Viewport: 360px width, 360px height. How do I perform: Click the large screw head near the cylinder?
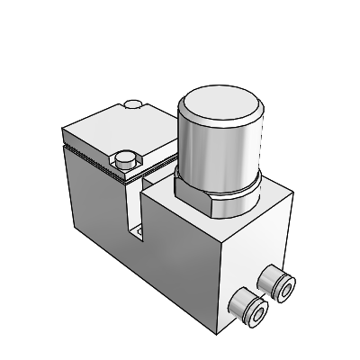[x=126, y=160]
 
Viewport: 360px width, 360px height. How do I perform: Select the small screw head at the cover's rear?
[x=135, y=106]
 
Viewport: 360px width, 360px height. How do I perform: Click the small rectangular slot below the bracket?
[x=141, y=236]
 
